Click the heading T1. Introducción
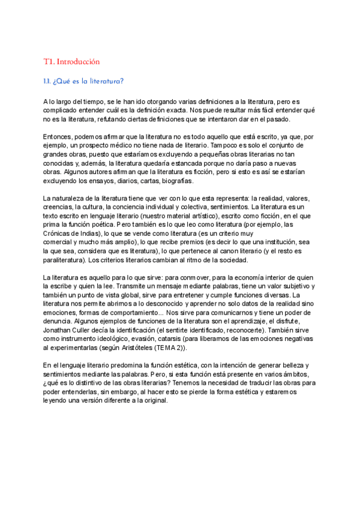pyautogui.click(x=71, y=61)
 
